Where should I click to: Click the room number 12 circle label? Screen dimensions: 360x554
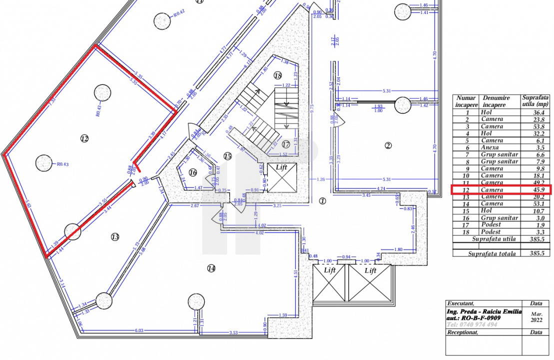[84, 138]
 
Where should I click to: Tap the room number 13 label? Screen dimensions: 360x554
[115, 237]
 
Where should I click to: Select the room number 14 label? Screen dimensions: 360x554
[211, 268]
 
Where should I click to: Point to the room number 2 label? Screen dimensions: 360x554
[388, 145]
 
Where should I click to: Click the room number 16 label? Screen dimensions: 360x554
[193, 172]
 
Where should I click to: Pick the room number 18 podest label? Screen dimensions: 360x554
[278, 75]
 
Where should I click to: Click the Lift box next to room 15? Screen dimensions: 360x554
[281, 177]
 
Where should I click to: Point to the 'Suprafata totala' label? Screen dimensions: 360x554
[492, 253]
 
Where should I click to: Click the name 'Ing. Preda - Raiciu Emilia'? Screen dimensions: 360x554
[484, 311]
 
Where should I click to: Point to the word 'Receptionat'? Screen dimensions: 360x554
[462, 332]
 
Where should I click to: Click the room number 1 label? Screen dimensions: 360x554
[322, 201]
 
